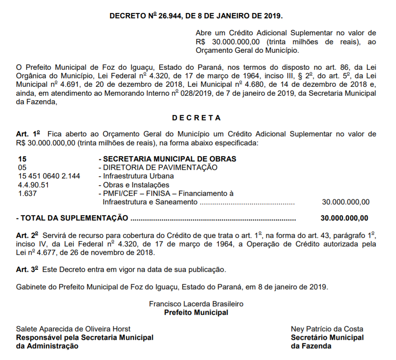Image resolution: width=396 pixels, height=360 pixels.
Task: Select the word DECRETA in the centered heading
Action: (196, 118)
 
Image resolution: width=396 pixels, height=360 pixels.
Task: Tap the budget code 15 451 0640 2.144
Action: (49, 176)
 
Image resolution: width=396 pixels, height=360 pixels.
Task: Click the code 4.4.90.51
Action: (34, 185)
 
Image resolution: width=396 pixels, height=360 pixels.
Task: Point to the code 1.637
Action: (27, 193)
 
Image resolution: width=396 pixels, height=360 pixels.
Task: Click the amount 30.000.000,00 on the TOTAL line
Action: (345, 218)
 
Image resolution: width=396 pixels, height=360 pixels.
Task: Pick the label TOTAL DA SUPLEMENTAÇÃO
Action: (72, 218)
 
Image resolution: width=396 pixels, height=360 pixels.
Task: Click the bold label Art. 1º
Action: (28, 134)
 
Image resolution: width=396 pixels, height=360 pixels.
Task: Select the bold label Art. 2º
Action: (28, 235)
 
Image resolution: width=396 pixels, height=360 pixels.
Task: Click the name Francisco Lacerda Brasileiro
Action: (196, 304)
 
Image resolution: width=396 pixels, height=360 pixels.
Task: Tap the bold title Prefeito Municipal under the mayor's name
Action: (196, 313)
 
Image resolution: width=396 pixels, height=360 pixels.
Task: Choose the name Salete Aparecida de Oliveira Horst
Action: (73, 329)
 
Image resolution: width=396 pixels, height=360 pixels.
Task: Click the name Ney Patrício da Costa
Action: (327, 329)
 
